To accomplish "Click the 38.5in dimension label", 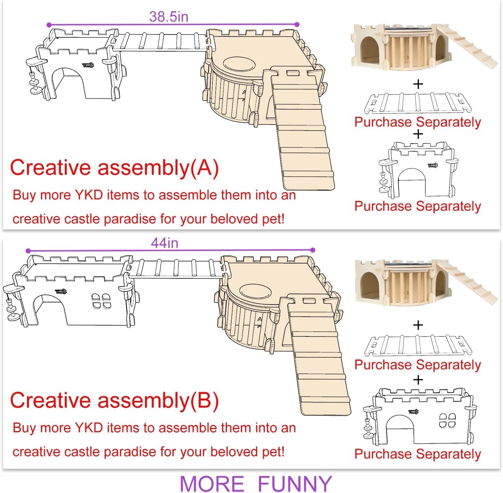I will (x=169, y=16).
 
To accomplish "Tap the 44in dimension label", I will (x=165, y=243).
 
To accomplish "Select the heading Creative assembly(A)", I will (x=114, y=168).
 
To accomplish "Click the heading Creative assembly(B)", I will (x=114, y=400).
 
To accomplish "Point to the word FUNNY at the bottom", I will (x=294, y=484).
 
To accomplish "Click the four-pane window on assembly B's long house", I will (x=101, y=301).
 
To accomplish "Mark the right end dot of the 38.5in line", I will (x=297, y=25).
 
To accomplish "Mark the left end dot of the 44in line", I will (x=28, y=251).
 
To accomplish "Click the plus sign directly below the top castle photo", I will (x=418, y=84).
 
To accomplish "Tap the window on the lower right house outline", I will (x=447, y=421).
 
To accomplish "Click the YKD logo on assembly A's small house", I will (x=88, y=65).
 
